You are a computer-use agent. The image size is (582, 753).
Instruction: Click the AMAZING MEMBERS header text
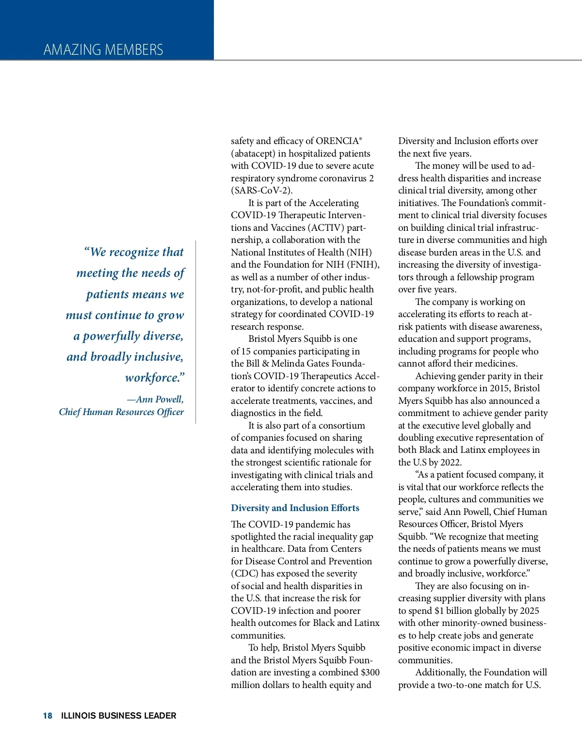tap(103, 49)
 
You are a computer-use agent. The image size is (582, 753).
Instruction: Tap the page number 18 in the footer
tap(48, 716)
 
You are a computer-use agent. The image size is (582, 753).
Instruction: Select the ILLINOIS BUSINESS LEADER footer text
tap(119, 716)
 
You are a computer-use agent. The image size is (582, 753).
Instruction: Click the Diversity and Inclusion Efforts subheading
tap(295, 508)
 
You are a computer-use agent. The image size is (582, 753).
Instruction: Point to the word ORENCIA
tap(338, 141)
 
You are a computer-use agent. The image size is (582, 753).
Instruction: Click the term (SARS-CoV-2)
tap(261, 191)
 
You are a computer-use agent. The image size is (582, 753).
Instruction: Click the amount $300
tap(370, 673)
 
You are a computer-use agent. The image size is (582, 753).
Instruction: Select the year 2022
tap(451, 463)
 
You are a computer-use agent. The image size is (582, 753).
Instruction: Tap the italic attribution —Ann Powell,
tap(155, 400)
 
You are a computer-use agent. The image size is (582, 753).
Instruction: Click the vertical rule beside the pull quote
tap(196, 332)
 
